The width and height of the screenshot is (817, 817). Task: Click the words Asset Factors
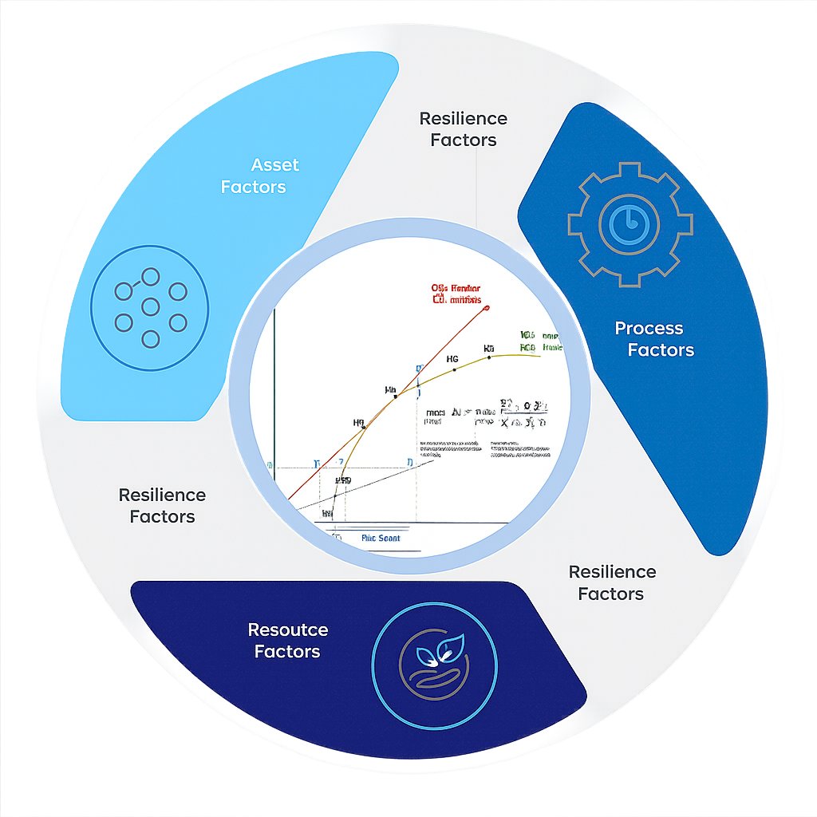pyautogui.click(x=253, y=176)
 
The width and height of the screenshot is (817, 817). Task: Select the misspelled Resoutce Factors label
pyautogui.click(x=287, y=641)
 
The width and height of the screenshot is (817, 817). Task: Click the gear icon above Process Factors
pyautogui.click(x=629, y=224)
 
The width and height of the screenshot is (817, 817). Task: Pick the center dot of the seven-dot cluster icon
pyautogui.click(x=150, y=306)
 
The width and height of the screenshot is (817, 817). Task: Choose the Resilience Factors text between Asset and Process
pyautogui.click(x=463, y=129)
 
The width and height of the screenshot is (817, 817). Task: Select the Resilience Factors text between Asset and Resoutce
pyautogui.click(x=162, y=506)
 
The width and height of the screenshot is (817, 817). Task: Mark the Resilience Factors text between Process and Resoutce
pyautogui.click(x=612, y=582)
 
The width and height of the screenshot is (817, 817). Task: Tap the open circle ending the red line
pyautogui.click(x=487, y=307)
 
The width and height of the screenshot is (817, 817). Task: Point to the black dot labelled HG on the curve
pyautogui.click(x=454, y=369)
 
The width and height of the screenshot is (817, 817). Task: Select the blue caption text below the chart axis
pyautogui.click(x=381, y=539)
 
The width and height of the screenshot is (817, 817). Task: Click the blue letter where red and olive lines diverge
pyautogui.click(x=418, y=369)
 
